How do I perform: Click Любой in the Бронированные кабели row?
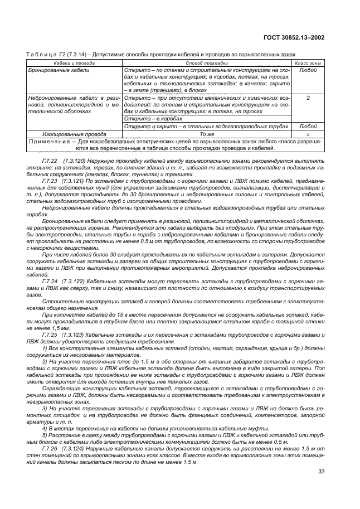[x=308, y=71]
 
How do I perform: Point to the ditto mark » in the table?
[x=308, y=134]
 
